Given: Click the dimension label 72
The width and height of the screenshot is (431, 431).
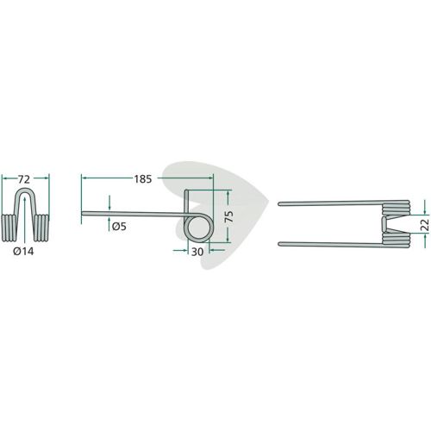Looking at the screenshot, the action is (x=24, y=179).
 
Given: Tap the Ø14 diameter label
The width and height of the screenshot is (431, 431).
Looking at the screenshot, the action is (x=23, y=252).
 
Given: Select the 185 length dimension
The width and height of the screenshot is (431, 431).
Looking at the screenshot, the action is (x=143, y=179).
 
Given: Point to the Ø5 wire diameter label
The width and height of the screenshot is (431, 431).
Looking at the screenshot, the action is (x=119, y=227).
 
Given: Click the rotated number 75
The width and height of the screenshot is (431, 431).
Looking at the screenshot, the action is (x=228, y=216).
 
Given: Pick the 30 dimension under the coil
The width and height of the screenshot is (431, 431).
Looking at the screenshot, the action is (x=197, y=252).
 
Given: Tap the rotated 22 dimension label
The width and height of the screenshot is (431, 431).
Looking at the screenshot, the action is (x=424, y=224).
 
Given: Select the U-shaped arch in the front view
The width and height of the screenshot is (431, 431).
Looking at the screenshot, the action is (x=25, y=190).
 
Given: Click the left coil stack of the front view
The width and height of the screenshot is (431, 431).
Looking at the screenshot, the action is (x=9, y=228).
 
